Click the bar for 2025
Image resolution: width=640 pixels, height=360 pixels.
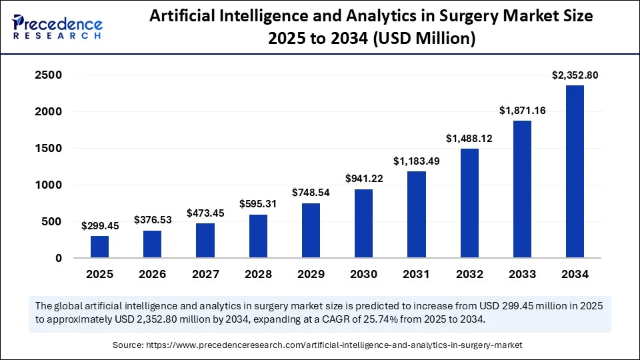(x=99, y=247)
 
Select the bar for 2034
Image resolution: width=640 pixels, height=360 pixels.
(x=575, y=171)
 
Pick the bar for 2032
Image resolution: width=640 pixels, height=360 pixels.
(x=469, y=203)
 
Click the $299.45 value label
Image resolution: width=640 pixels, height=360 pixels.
(x=99, y=226)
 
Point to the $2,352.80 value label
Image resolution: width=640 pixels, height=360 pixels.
(x=575, y=75)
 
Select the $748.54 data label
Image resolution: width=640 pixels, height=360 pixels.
(x=311, y=193)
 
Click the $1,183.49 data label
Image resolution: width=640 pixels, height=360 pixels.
(x=416, y=161)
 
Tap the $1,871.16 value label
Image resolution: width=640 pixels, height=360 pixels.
(x=522, y=111)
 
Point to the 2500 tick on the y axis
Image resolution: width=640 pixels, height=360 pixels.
(x=48, y=76)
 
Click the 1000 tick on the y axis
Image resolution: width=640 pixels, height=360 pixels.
(x=48, y=185)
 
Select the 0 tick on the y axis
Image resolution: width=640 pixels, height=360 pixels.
(x=59, y=258)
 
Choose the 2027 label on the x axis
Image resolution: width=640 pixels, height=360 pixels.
(x=205, y=274)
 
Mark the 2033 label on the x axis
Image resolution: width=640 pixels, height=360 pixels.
(x=522, y=274)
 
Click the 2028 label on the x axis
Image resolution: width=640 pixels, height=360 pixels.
(x=258, y=274)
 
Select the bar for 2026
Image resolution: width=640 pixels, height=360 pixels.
(x=152, y=244)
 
